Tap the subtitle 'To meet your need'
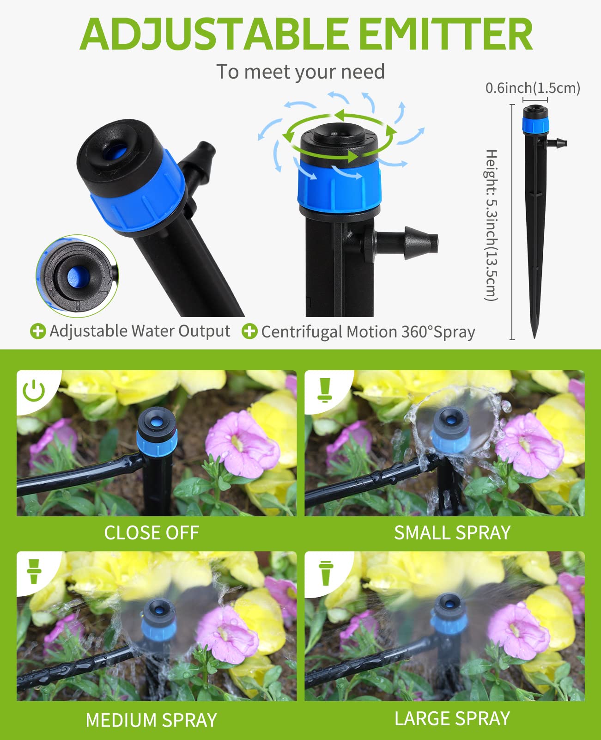point(300,72)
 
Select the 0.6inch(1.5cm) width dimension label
point(533,88)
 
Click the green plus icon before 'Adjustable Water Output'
point(38,331)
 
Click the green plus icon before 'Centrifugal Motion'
point(249,331)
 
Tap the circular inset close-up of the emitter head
point(77,276)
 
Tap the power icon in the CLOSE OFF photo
point(34,391)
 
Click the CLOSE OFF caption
point(152,533)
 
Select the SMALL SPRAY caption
point(452,533)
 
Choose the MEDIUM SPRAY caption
point(152,720)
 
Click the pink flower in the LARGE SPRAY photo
point(516,630)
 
